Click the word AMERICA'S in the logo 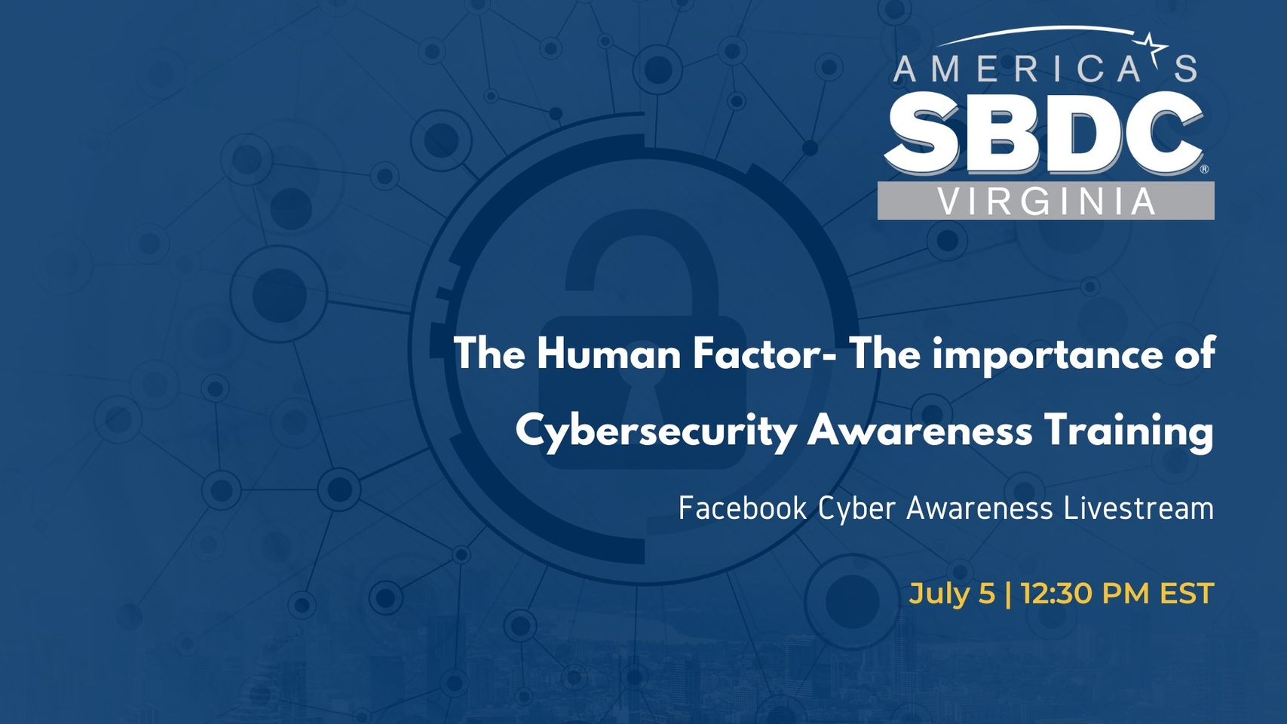point(1045,68)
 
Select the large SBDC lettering point(1043,133)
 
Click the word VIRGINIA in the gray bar point(1046,201)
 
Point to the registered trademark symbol point(1204,169)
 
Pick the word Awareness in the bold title point(919,431)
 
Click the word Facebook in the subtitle point(743,508)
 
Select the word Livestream point(1138,508)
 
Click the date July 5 point(951,594)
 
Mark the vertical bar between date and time point(1008,594)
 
